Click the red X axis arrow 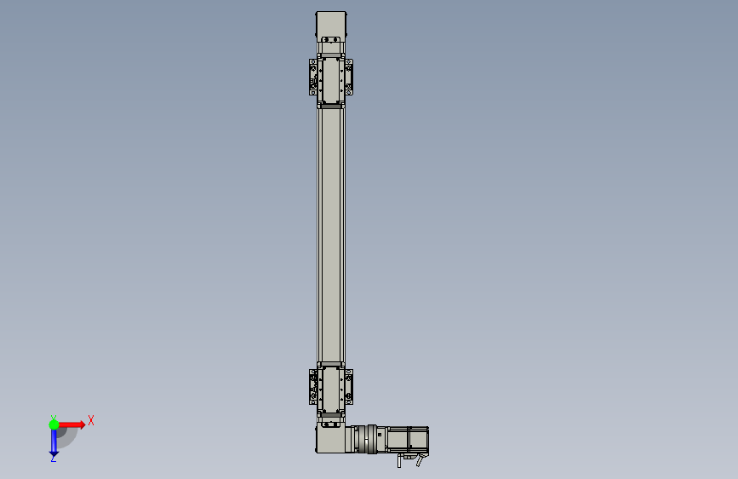coord(72,424)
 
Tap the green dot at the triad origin coord(54,424)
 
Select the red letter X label coord(91,420)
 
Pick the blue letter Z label coord(53,459)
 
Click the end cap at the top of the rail coord(331,24)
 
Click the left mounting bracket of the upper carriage coord(313,77)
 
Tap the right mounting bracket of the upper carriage coord(349,77)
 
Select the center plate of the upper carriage coord(331,80)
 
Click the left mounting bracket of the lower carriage coord(313,387)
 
